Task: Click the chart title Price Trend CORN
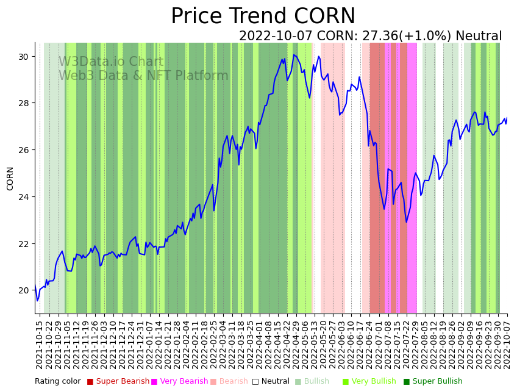click(x=263, y=16)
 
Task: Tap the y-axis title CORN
click(x=10, y=178)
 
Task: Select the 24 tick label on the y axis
click(x=24, y=197)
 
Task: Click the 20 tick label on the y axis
click(x=24, y=290)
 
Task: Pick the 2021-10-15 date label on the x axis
click(x=40, y=345)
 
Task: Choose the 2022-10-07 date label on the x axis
click(x=506, y=345)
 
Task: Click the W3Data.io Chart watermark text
click(x=111, y=62)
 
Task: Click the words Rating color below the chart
click(x=57, y=381)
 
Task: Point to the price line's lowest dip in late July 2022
click(x=406, y=221)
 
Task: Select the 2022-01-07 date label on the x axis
click(x=149, y=345)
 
